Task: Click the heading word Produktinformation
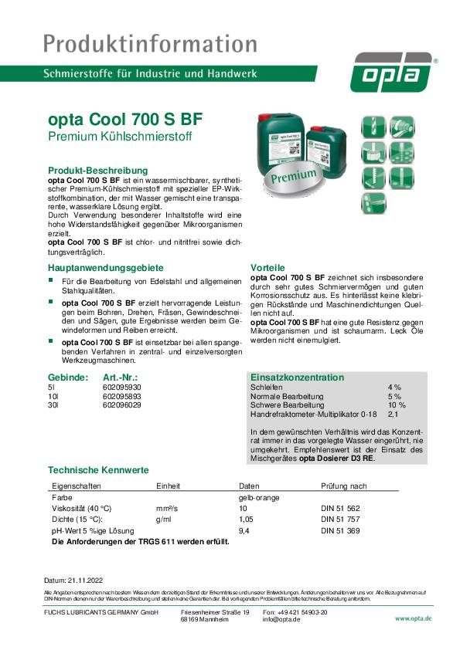click(150, 42)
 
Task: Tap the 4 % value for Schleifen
click(394, 386)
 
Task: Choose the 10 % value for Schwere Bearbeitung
click(396, 405)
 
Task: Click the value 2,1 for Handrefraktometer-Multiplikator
click(394, 414)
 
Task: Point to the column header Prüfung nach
click(343, 486)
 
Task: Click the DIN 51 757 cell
click(341, 520)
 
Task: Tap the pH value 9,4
click(244, 531)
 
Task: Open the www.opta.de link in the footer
click(413, 618)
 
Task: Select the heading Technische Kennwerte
click(98, 469)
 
